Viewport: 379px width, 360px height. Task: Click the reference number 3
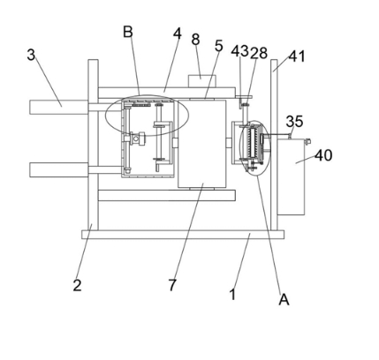tap(31, 55)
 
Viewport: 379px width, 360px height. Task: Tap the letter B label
tap(128, 32)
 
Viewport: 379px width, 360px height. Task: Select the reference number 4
tap(178, 34)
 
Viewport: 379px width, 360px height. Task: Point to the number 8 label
tap(195, 40)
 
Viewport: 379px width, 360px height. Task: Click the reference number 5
tap(218, 46)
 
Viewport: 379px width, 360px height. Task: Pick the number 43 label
tap(240, 51)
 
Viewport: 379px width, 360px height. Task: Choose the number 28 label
tap(259, 53)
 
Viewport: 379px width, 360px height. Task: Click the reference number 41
tap(297, 56)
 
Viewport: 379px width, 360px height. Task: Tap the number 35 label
tap(294, 121)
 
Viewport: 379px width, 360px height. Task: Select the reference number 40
tap(323, 155)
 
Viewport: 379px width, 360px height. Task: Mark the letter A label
tap(284, 299)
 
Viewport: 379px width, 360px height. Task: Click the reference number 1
tap(232, 294)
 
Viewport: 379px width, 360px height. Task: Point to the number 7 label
tap(172, 285)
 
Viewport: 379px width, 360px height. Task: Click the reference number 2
tap(77, 285)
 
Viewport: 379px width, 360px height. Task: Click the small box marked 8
tap(202, 81)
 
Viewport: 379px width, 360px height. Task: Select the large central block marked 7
tap(202, 144)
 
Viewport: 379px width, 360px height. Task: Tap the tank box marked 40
tap(291, 177)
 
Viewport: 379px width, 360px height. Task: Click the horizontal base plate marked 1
tap(183, 235)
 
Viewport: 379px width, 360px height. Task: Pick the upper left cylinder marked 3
tap(58, 107)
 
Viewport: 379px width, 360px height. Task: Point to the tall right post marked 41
tap(274, 145)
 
